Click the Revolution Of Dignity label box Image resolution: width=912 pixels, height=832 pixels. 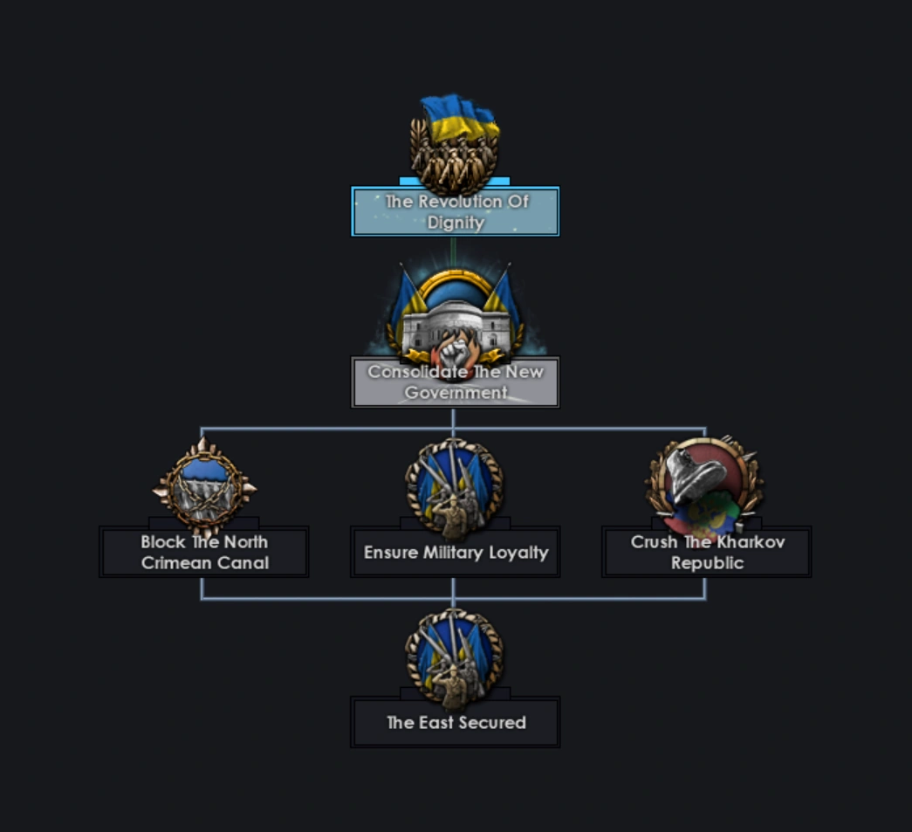455,211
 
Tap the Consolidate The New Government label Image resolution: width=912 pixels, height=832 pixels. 455,382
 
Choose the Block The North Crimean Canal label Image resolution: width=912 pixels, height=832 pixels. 204,552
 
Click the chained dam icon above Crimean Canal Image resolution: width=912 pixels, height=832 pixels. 204,485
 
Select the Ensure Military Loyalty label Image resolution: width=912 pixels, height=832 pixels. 456,553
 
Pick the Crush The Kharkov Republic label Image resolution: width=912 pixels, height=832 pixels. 707,552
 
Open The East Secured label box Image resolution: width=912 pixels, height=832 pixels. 456,723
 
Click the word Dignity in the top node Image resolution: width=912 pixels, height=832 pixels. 456,223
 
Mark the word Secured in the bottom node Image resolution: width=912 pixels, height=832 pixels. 494,723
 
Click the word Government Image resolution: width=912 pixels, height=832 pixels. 456,393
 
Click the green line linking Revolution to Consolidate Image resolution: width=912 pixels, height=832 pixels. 453,251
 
